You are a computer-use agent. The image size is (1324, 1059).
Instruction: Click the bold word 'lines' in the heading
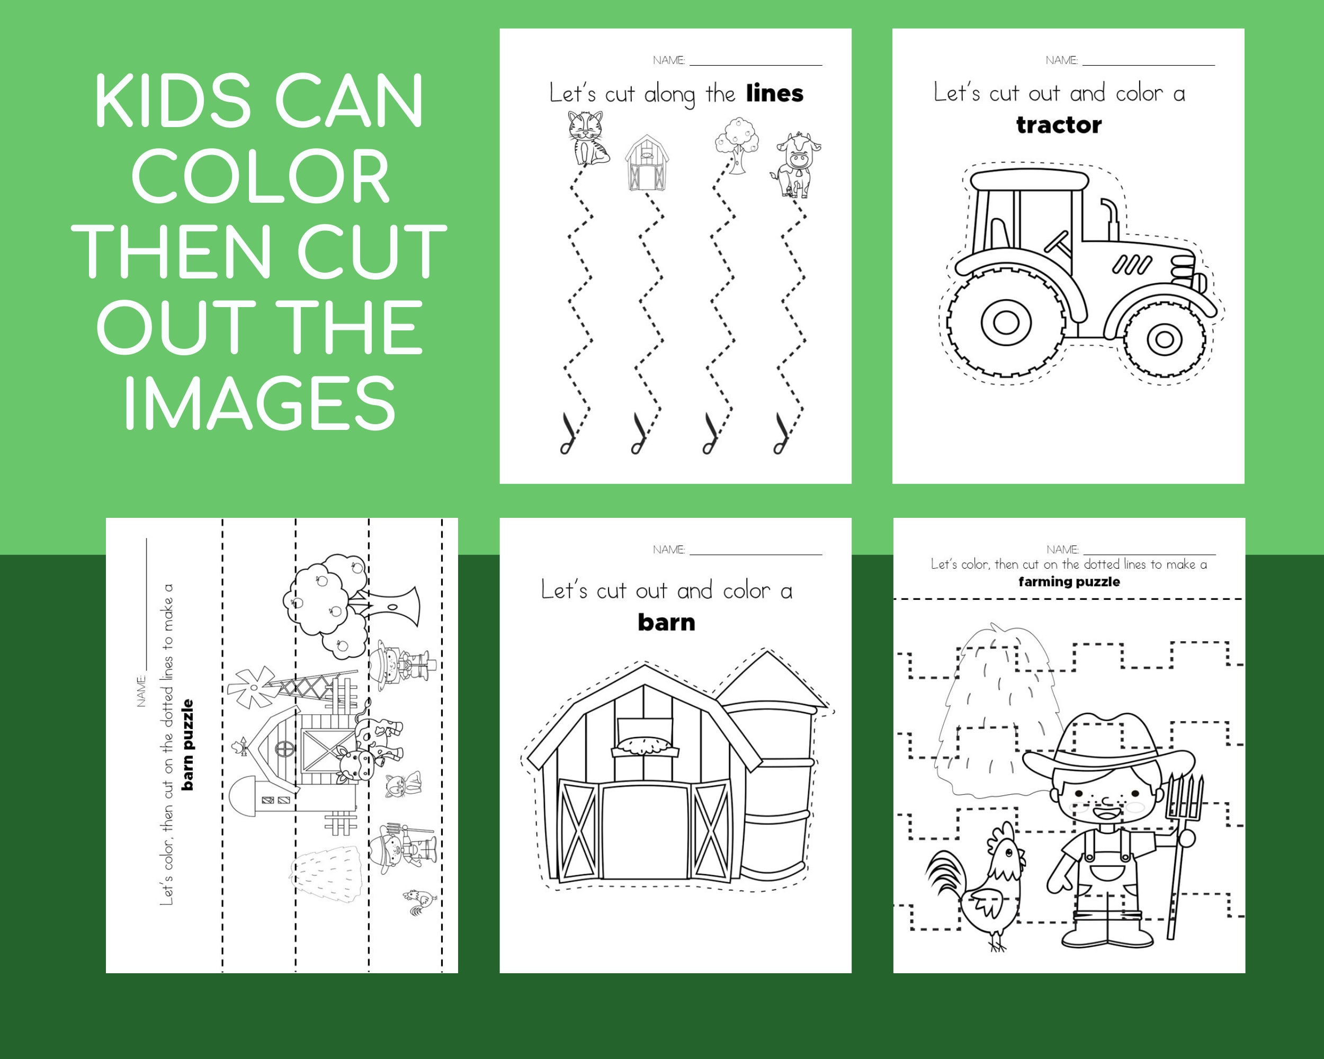(x=774, y=94)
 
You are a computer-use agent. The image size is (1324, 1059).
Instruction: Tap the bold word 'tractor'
(x=1059, y=125)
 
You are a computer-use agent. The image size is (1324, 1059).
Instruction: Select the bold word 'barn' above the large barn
(x=666, y=623)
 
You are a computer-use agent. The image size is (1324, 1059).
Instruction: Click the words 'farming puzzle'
(x=1069, y=581)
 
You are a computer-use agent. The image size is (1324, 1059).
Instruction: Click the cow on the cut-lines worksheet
(x=796, y=166)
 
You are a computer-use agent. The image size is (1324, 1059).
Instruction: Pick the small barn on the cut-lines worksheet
(x=646, y=163)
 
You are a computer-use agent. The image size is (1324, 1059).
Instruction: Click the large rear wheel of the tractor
(x=1006, y=322)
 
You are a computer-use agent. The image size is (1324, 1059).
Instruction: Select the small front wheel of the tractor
(x=1165, y=338)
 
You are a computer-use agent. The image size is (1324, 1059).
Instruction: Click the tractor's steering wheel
(x=1058, y=244)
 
